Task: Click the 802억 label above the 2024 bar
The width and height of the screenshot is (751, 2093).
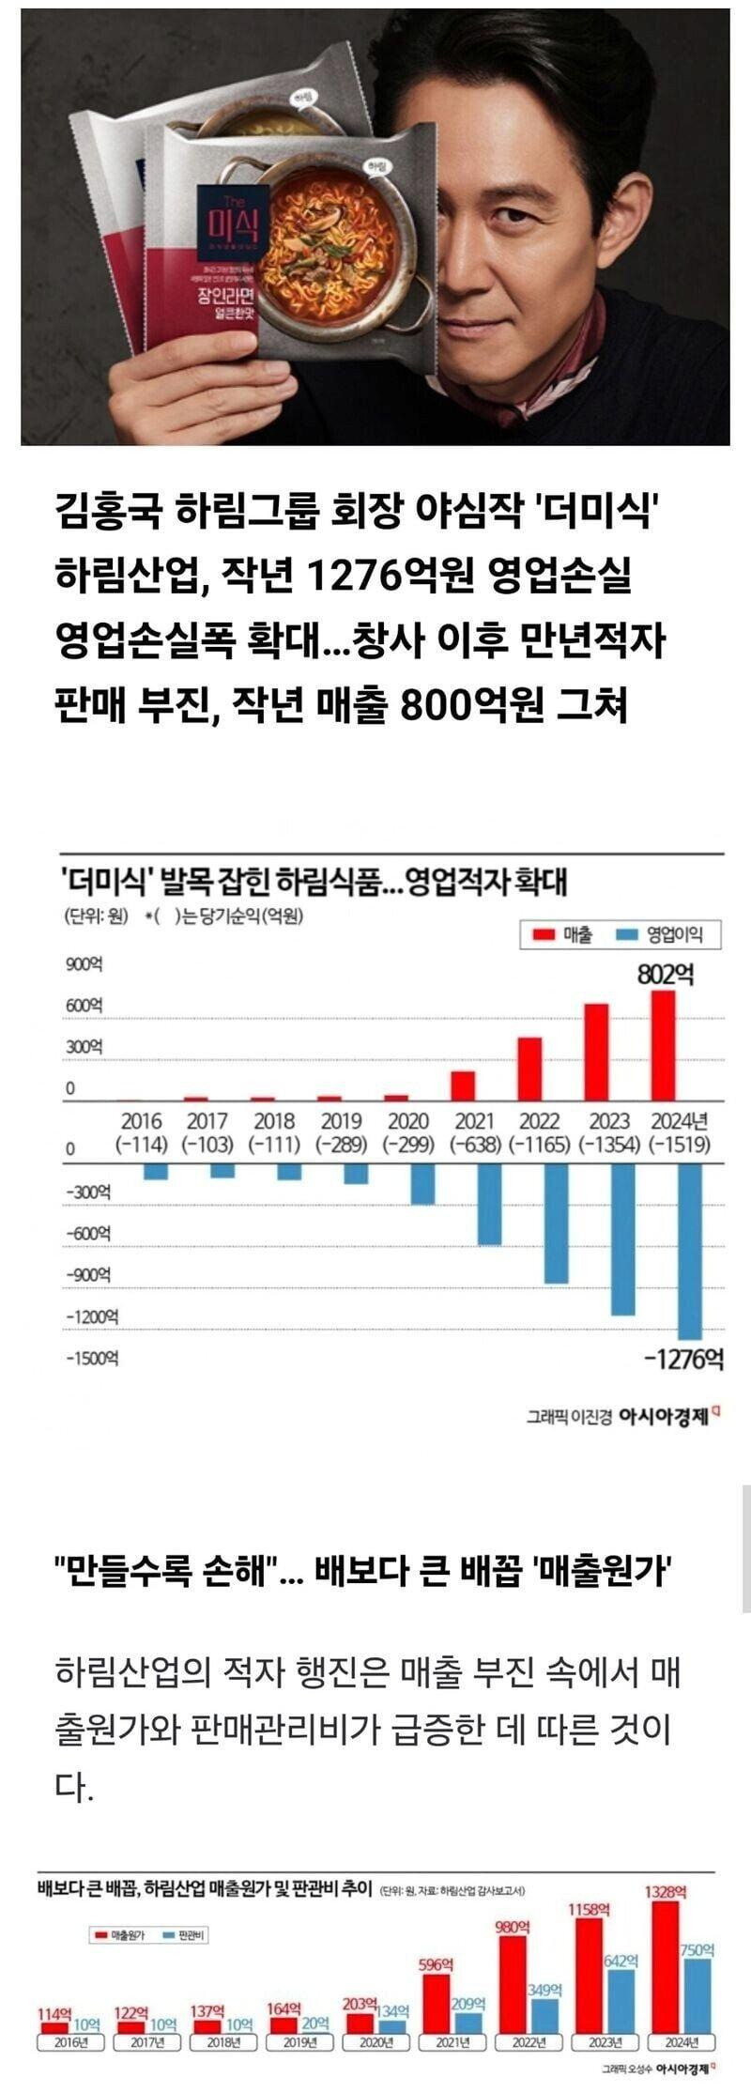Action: (x=666, y=975)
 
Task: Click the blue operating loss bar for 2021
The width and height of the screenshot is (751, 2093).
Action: (x=490, y=1205)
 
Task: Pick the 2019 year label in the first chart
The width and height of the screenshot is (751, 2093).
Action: (x=341, y=1121)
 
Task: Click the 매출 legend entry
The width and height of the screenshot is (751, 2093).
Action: (x=564, y=934)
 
